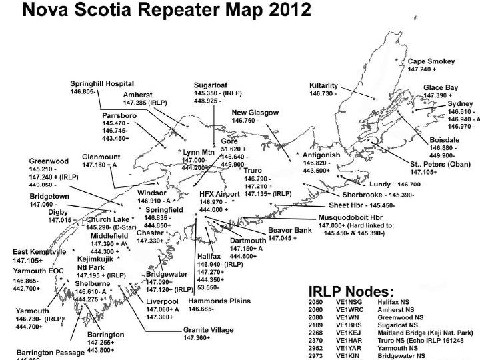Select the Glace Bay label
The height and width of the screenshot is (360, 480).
(x=441, y=88)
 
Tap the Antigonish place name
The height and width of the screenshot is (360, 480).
(x=321, y=155)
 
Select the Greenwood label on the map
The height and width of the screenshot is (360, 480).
(x=49, y=161)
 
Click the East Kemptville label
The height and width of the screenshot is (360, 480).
(x=39, y=252)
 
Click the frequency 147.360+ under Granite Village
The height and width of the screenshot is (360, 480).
(x=197, y=338)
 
